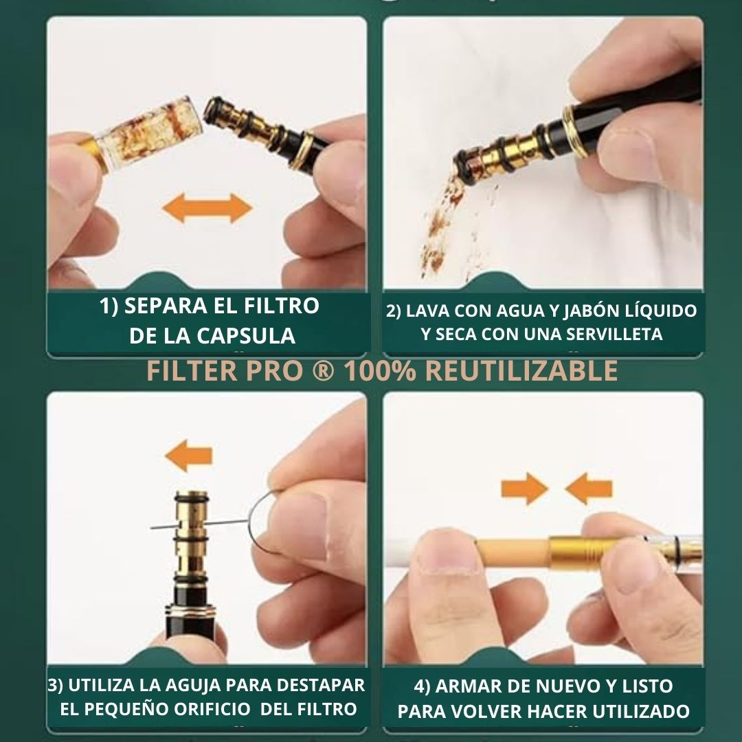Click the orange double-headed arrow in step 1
[207, 208]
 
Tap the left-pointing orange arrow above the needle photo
[189, 456]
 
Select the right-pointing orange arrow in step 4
[524, 488]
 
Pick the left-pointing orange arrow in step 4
[589, 488]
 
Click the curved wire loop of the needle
[263, 524]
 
